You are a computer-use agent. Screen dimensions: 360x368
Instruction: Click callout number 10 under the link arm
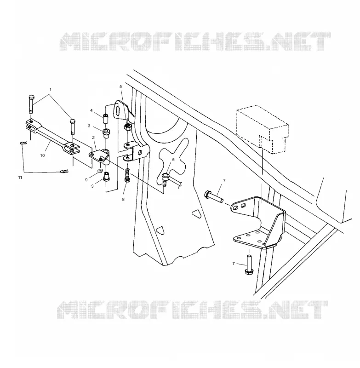(x=42, y=155)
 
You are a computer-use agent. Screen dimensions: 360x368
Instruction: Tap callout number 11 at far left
(x=20, y=178)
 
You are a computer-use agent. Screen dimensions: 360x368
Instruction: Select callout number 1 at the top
(x=50, y=89)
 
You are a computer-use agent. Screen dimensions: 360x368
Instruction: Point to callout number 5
(x=121, y=86)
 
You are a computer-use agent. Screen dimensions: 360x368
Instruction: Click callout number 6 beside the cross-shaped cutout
(x=173, y=160)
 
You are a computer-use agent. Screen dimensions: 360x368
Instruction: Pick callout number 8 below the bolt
(x=123, y=200)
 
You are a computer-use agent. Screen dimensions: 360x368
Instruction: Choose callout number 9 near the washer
(x=86, y=180)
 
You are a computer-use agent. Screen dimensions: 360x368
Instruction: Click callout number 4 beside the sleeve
(x=91, y=110)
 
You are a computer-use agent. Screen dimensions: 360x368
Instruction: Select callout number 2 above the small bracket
(x=93, y=138)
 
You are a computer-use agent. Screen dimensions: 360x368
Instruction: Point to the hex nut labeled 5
(x=127, y=127)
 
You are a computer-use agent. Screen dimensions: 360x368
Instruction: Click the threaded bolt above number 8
(x=127, y=175)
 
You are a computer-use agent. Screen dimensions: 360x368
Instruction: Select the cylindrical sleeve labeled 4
(x=106, y=119)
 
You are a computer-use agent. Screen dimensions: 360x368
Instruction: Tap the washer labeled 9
(x=100, y=170)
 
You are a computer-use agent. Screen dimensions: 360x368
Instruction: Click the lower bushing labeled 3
(x=106, y=177)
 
